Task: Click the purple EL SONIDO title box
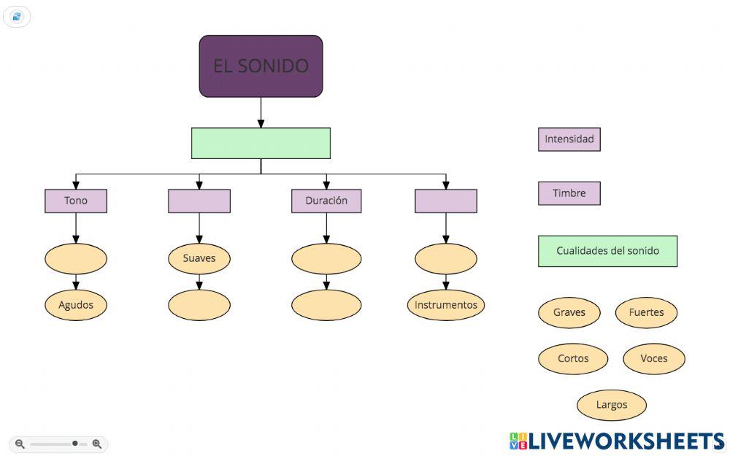261,66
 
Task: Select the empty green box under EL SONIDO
261,143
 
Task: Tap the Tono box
76,201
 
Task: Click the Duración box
326,201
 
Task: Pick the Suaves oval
199,258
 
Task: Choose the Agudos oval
76,305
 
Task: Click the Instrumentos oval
446,305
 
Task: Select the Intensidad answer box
569,139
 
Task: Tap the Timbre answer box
569,193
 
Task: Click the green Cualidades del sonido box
607,251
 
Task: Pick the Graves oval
569,312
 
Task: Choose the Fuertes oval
646,312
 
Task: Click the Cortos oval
573,359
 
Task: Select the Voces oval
654,359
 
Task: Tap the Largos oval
612,405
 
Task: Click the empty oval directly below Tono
76,258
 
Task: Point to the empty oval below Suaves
199,305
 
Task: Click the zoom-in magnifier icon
97,444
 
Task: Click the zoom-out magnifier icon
20,444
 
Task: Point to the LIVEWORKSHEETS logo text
626,441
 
